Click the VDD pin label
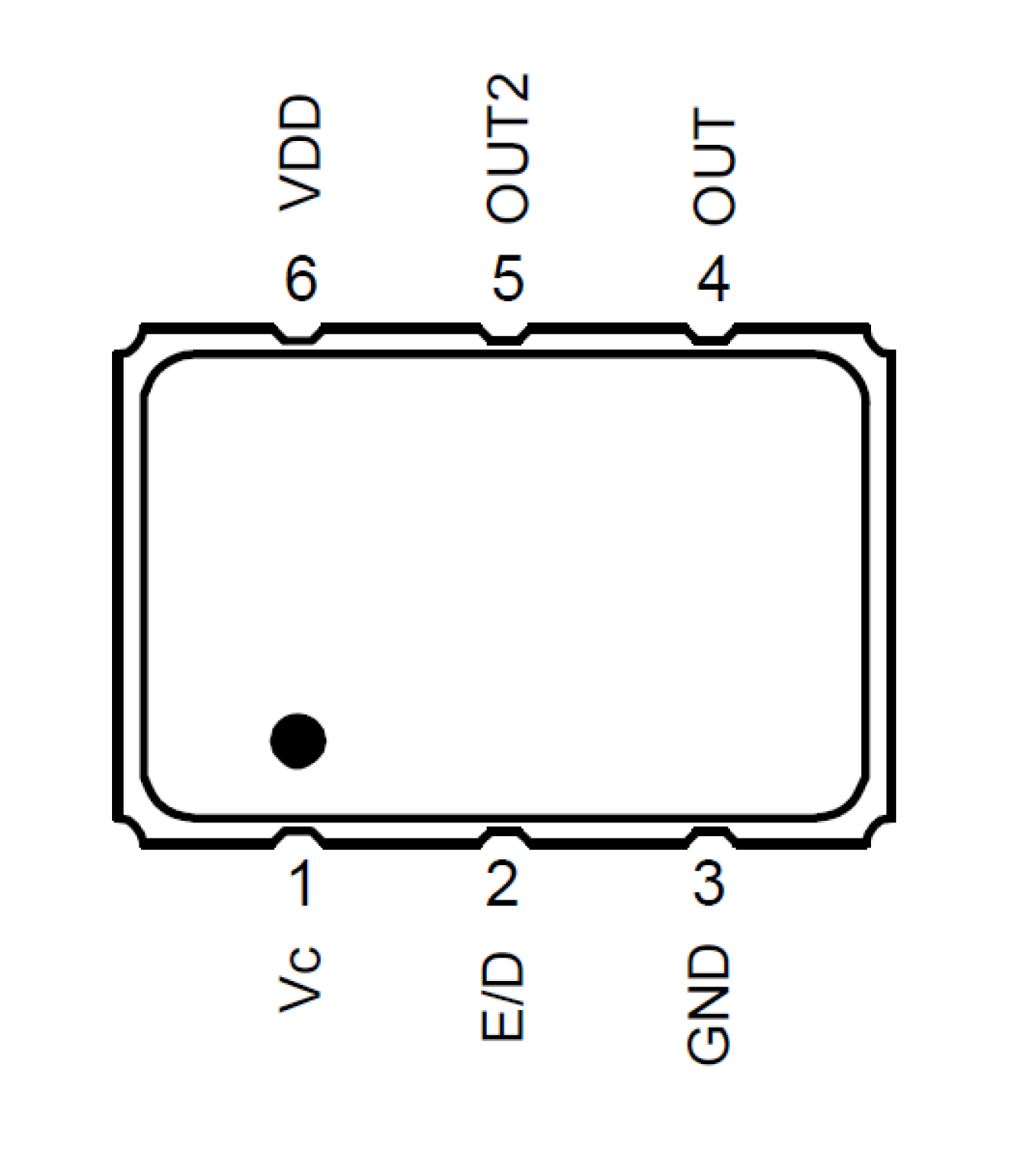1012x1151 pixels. (x=300, y=153)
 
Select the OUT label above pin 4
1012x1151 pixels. (x=713, y=167)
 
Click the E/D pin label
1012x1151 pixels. (x=503, y=996)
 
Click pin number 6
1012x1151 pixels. (x=301, y=279)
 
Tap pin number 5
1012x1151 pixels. (x=508, y=279)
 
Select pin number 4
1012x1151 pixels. (x=713, y=279)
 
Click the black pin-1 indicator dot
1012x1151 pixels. (x=298, y=740)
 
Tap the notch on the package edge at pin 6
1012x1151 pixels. (x=299, y=334)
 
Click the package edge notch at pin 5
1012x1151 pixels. (x=506, y=334)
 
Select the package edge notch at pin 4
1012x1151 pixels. (x=711, y=334)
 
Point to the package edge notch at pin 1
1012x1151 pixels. (x=299, y=838)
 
